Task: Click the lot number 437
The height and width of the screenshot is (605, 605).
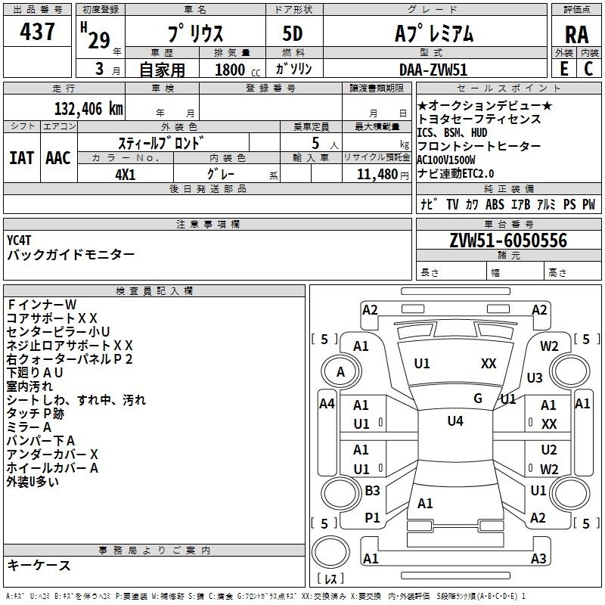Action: tap(37, 31)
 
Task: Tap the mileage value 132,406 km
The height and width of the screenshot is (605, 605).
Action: tap(88, 108)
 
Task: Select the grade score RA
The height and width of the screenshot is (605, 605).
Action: tap(577, 35)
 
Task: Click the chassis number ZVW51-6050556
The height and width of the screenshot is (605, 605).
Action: tap(508, 240)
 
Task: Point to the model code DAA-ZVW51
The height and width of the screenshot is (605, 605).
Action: tap(433, 70)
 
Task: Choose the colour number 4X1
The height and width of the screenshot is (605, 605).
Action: tap(126, 175)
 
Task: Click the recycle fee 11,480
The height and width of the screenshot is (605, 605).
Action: tap(377, 175)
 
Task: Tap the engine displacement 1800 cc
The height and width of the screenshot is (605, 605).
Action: tap(237, 70)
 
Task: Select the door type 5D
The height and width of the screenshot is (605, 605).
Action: tap(293, 34)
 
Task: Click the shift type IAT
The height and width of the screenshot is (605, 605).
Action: tap(21, 158)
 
